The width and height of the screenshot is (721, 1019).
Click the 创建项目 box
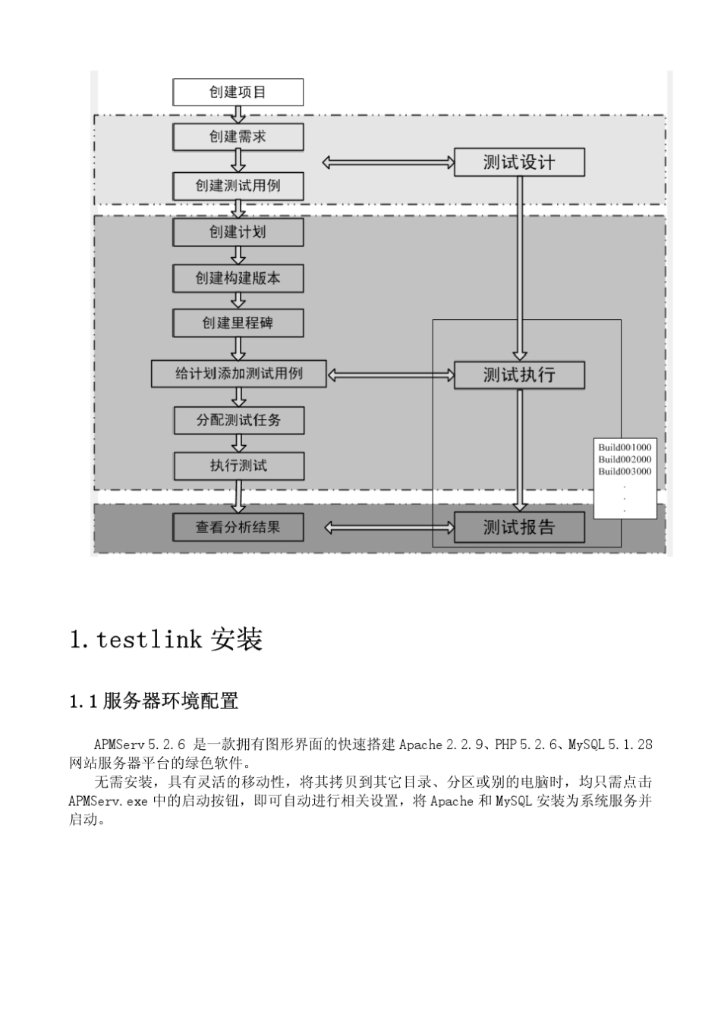pyautogui.click(x=238, y=92)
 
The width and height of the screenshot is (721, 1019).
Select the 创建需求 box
pyautogui.click(x=238, y=137)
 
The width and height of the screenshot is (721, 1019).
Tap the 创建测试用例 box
pyautogui.click(x=238, y=186)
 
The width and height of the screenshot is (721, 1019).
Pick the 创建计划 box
pyautogui.click(x=238, y=232)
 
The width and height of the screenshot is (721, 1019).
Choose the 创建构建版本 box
pyautogui.click(x=238, y=278)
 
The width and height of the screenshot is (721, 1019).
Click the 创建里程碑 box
pyautogui.click(x=238, y=323)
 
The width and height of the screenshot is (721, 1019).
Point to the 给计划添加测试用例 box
pyautogui.click(x=238, y=373)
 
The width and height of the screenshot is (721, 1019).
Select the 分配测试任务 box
pyautogui.click(x=239, y=420)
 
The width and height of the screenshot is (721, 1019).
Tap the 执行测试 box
pyautogui.click(x=239, y=466)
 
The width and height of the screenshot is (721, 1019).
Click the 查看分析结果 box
pyautogui.click(x=238, y=527)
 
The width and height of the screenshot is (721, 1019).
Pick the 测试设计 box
pyautogui.click(x=519, y=162)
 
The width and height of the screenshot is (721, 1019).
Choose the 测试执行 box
pyautogui.click(x=519, y=375)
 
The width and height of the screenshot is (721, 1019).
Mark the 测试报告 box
pyautogui.click(x=519, y=527)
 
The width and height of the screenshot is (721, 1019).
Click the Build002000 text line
pyautogui.click(x=625, y=459)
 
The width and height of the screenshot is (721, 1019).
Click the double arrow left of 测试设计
pyautogui.click(x=388, y=162)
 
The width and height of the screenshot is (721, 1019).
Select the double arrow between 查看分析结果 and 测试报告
pyautogui.click(x=389, y=527)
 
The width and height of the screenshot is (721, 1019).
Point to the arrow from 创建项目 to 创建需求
pyautogui.click(x=238, y=114)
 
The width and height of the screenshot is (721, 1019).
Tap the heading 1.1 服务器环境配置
pyautogui.click(x=154, y=701)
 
